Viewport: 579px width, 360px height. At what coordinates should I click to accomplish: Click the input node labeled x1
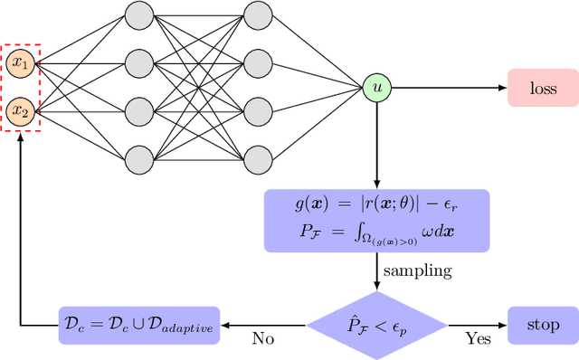[20, 63]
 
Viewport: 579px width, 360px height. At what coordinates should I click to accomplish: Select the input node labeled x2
[20, 111]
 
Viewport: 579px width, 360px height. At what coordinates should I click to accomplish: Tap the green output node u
[375, 87]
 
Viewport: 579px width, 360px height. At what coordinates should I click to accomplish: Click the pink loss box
[542, 87]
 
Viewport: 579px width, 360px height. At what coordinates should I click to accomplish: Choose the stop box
[542, 324]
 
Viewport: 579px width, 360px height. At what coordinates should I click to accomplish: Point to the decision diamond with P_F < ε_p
[375, 324]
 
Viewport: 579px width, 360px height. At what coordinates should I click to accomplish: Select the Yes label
[478, 339]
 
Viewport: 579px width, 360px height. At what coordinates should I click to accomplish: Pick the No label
[263, 339]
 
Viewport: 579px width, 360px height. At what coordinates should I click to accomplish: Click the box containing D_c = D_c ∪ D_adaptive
[141, 324]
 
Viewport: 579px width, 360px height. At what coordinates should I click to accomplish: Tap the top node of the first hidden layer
[138, 15]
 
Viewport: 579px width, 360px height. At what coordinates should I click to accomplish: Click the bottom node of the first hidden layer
[138, 159]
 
